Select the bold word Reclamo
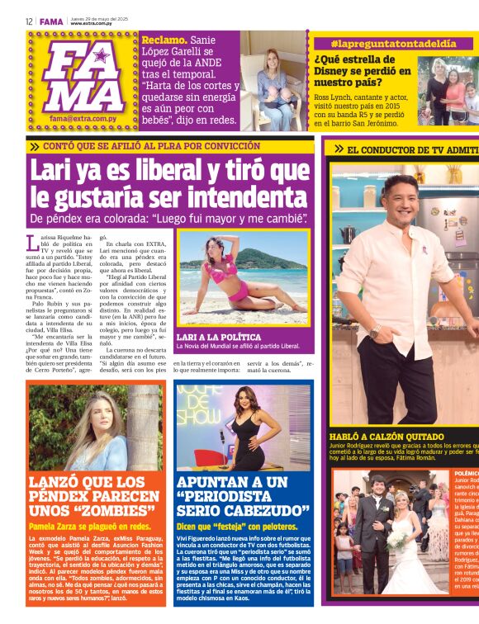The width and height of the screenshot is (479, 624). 163,40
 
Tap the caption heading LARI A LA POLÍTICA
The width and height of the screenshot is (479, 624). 218,337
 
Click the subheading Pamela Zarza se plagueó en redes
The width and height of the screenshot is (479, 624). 90,526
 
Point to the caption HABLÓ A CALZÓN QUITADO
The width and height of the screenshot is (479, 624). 387,436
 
